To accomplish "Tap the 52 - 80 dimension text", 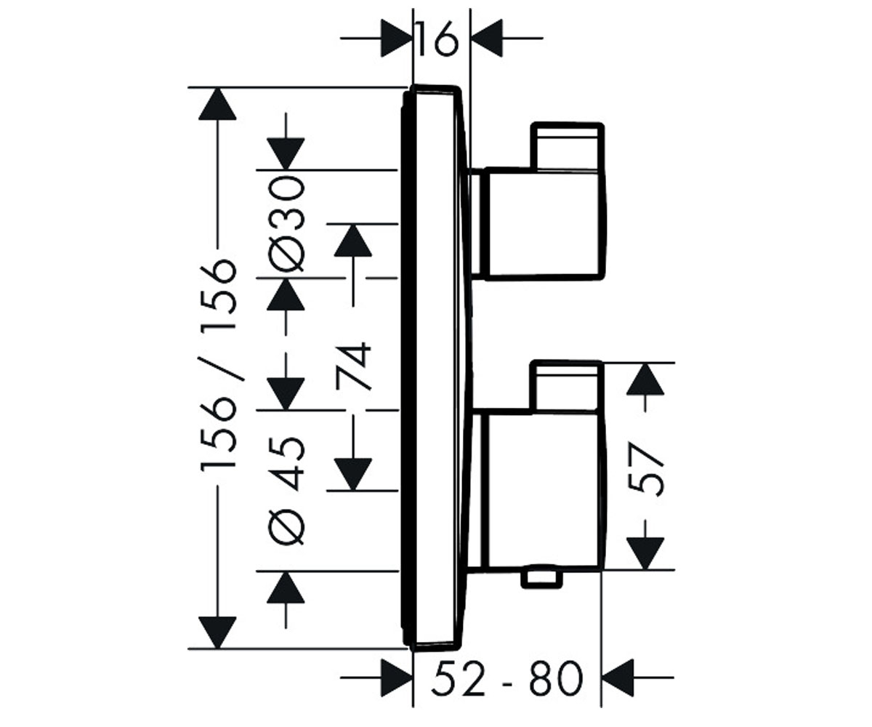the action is tap(507, 678).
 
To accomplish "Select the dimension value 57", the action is tap(645, 469).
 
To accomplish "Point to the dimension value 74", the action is tap(353, 366).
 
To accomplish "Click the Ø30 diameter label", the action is tap(286, 224).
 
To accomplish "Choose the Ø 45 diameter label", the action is tap(286, 491).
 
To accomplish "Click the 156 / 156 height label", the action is tap(218, 366).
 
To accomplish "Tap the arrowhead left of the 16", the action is tap(396, 38).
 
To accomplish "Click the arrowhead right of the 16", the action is tap(487, 38).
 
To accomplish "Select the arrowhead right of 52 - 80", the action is tap(618, 678).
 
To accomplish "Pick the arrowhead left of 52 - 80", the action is tap(397, 678).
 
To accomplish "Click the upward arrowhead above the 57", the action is tap(645, 379).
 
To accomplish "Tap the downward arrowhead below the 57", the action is tap(645, 553).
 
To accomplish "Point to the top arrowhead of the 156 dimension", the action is tap(217, 104).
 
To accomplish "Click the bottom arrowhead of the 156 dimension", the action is tap(217, 632).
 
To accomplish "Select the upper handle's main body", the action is tap(543, 224).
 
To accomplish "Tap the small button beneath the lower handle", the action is tap(541, 577).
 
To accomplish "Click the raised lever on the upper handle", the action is tap(567, 146).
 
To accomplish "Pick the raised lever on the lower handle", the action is tap(566, 387).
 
